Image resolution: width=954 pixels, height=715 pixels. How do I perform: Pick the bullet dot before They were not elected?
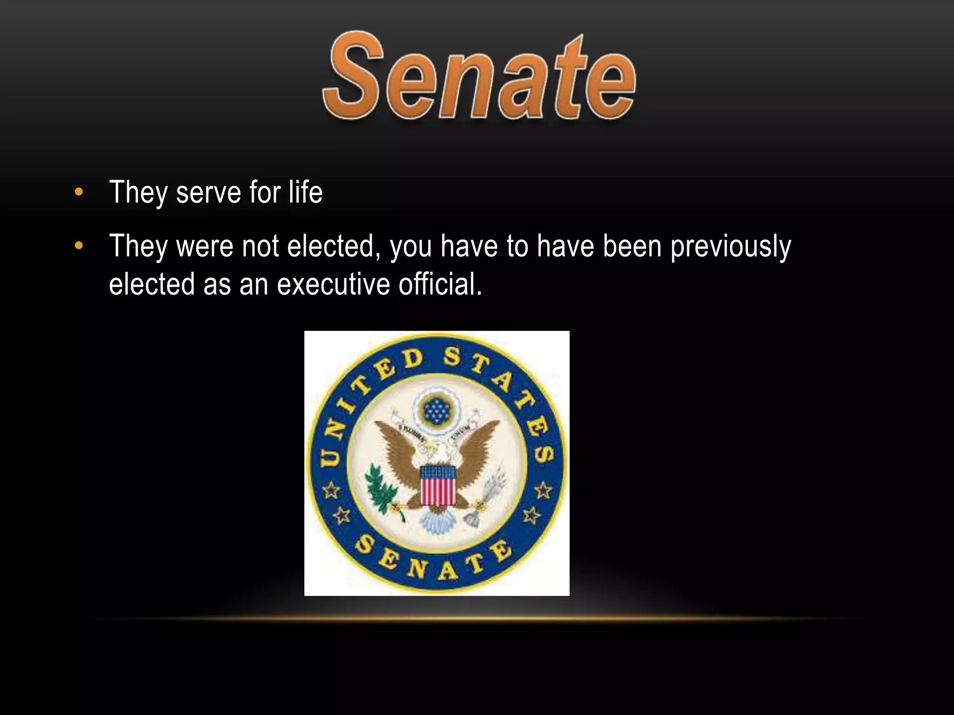79,246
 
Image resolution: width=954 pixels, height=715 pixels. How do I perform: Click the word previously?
730,247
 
